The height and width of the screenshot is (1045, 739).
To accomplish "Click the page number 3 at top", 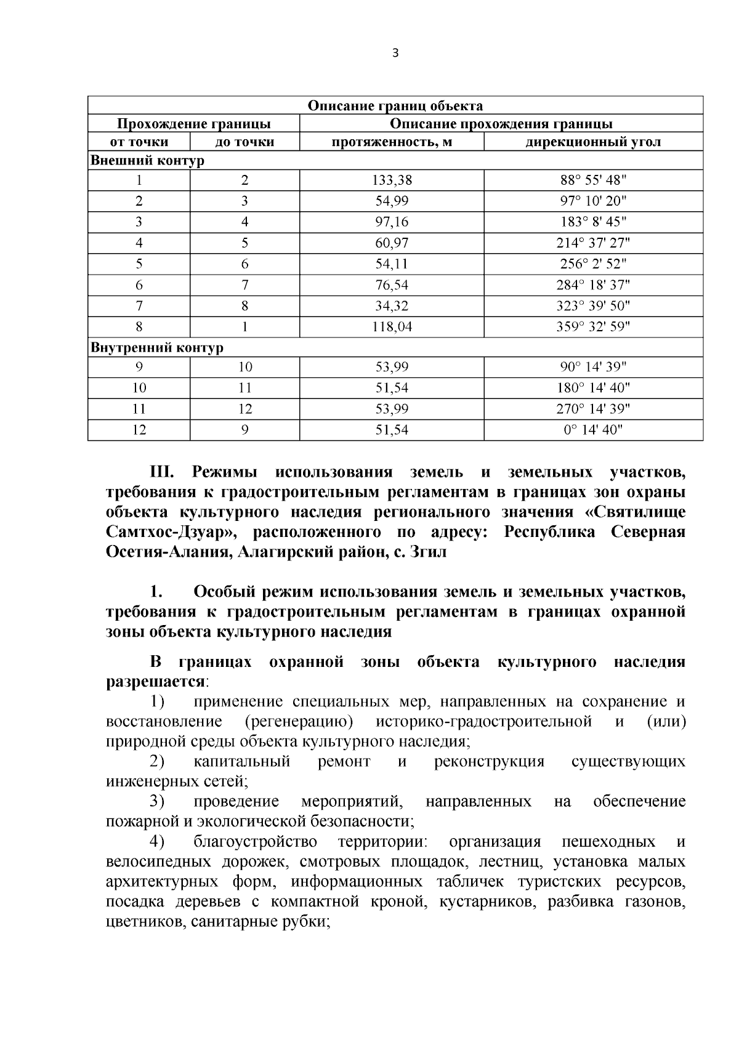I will click(395, 54).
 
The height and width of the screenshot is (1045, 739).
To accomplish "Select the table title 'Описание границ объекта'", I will click(395, 106).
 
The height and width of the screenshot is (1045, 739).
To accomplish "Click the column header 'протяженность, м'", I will click(392, 142).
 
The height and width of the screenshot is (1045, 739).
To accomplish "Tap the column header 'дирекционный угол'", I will click(593, 142).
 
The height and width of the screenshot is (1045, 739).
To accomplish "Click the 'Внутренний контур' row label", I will click(157, 348).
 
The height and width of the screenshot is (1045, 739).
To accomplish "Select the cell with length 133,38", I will click(392, 180).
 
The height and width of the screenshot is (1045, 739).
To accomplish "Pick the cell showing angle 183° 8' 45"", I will click(593, 222).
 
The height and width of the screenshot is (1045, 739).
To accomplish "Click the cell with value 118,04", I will click(392, 327).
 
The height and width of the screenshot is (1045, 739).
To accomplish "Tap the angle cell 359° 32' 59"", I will click(593, 327).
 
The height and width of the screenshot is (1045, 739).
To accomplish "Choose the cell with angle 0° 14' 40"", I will click(593, 430).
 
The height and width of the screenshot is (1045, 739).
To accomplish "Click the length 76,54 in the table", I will click(392, 285).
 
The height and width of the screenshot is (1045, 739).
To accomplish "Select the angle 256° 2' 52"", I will click(593, 264).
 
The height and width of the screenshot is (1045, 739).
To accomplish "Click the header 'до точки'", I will click(244, 142).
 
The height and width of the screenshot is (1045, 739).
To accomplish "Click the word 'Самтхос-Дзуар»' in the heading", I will click(167, 532).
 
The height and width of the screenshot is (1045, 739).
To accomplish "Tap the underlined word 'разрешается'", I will click(156, 682).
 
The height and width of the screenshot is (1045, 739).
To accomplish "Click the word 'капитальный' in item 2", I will click(242, 762).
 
